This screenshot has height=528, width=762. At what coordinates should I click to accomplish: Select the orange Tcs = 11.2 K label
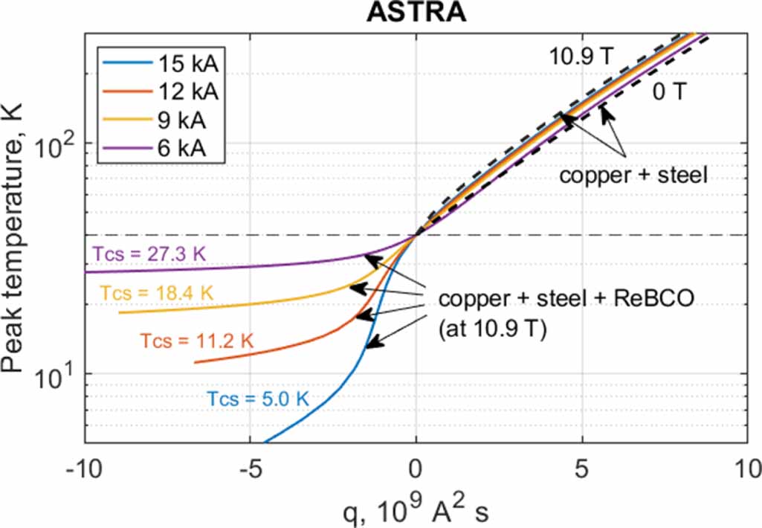coord(196,341)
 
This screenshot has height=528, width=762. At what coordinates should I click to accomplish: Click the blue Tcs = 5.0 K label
coord(257,399)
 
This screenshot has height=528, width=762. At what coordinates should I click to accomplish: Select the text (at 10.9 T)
coord(492,330)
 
